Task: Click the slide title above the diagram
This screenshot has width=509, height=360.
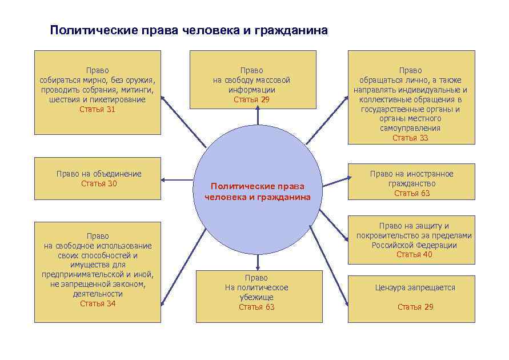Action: coord(189,30)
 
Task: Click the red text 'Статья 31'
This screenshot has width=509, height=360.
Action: coord(97,109)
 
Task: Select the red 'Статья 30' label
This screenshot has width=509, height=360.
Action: coord(99,183)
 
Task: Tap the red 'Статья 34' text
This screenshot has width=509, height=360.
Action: coord(98,303)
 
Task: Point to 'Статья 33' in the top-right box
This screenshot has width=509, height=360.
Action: coord(410,138)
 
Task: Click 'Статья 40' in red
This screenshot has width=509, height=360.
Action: coord(414,254)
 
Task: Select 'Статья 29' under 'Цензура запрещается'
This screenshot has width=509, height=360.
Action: coord(415,307)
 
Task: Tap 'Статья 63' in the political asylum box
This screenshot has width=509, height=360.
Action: coord(256,307)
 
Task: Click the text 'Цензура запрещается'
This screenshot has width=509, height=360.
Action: coord(415,287)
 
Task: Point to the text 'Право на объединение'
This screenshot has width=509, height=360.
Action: coord(99,174)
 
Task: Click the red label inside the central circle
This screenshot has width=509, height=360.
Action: coord(258,191)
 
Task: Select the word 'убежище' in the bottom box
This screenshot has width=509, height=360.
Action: coord(256,297)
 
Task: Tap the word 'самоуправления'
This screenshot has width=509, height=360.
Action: coord(410,128)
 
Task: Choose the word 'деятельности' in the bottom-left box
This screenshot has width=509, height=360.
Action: coord(98,294)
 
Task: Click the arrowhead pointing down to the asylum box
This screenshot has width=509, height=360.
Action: coord(258,267)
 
